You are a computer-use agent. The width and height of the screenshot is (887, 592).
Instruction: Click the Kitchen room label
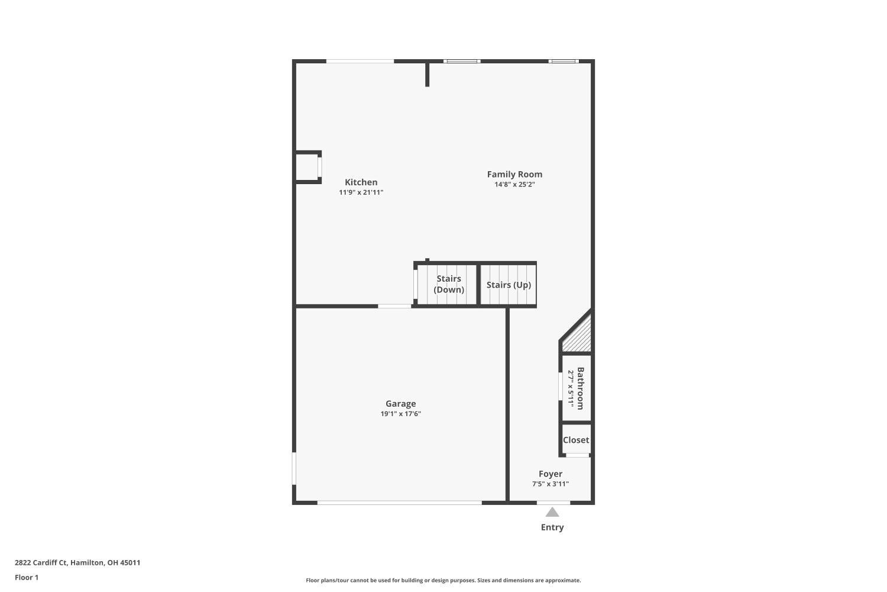pyautogui.click(x=361, y=182)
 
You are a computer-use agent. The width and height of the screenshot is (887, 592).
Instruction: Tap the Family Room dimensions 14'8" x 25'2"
pyautogui.click(x=514, y=185)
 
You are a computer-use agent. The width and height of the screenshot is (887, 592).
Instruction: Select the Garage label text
pyautogui.click(x=400, y=404)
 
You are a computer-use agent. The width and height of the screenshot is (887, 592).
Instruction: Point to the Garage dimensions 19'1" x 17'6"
pyautogui.click(x=400, y=414)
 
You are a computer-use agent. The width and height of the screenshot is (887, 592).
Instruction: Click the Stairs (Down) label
pyautogui.click(x=449, y=284)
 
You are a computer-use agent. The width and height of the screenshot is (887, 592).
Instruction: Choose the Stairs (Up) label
pyautogui.click(x=509, y=285)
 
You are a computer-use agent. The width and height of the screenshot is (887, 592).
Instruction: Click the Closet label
pyautogui.click(x=576, y=440)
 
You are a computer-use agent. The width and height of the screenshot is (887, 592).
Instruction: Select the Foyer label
pyautogui.click(x=550, y=474)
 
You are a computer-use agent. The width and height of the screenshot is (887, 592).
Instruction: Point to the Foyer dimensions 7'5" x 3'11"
pyautogui.click(x=550, y=484)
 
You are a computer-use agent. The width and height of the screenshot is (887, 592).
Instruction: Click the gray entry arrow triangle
pyautogui.click(x=552, y=512)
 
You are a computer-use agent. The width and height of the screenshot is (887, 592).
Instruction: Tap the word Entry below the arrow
pyautogui.click(x=552, y=527)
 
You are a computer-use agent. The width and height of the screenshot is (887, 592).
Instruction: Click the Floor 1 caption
pyautogui.click(x=27, y=577)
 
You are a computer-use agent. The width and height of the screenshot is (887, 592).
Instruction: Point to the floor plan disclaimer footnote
pyautogui.click(x=443, y=580)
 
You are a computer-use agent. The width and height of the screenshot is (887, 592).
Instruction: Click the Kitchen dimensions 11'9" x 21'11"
pyautogui.click(x=361, y=192)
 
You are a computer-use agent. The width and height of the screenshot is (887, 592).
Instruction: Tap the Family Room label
pyautogui.click(x=514, y=174)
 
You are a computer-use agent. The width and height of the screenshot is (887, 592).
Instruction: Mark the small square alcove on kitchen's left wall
pyautogui.click(x=307, y=167)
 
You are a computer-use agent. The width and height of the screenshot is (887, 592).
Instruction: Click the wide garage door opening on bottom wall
pyautogui.click(x=400, y=503)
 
